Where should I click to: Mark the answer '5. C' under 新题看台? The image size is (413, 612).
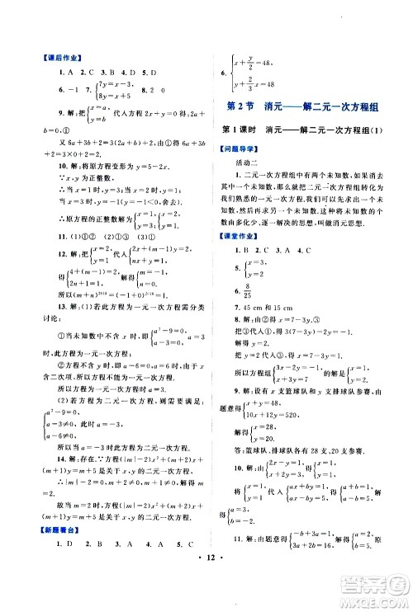(x=184, y=567)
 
